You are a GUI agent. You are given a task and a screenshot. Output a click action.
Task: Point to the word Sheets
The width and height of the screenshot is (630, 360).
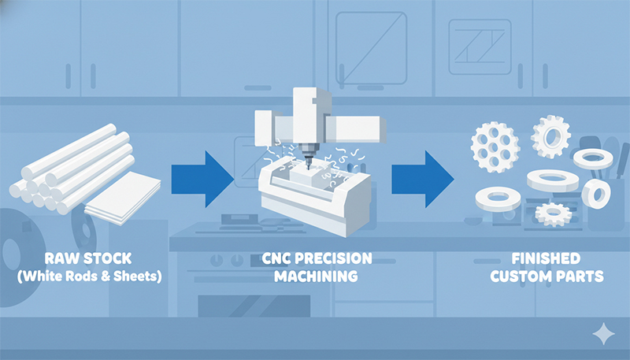pos(137,276)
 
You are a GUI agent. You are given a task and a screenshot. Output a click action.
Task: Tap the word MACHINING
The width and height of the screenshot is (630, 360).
pos(317,276)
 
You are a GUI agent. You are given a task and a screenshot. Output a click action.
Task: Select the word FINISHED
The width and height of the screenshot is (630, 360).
pos(547,258)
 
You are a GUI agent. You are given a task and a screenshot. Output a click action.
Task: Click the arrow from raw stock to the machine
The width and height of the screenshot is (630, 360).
pos(202,179)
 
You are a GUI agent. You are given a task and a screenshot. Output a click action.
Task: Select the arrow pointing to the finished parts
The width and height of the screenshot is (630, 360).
pos(423,179)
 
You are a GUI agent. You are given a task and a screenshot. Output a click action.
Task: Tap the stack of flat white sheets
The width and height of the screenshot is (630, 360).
pos(123,199)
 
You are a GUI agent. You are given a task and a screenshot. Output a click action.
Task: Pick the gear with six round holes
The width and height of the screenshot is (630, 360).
pos(495,147)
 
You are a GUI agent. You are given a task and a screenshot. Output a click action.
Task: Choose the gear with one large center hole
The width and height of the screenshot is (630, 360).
pos(550,136)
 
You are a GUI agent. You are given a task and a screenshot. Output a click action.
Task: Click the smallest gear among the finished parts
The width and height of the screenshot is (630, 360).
pos(554,213)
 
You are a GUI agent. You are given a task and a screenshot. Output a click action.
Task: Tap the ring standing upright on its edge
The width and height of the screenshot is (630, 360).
pos(596,194)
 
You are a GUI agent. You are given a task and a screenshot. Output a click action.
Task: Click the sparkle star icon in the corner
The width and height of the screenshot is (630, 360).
pos(603,333)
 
